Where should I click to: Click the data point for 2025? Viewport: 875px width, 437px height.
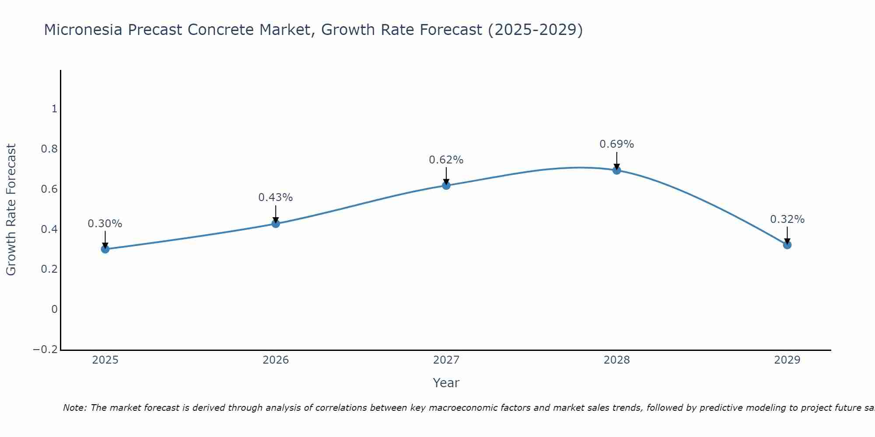[105, 249]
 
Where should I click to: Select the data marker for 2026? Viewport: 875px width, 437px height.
[276, 224]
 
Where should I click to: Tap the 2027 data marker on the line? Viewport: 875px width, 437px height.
[446, 185]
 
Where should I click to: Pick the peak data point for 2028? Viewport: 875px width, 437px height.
[617, 170]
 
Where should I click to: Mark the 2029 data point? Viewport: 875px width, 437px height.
[787, 245]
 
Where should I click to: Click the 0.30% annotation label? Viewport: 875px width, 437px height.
[105, 224]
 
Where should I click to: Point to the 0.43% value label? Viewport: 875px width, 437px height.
[276, 198]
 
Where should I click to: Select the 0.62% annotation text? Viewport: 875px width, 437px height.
[446, 160]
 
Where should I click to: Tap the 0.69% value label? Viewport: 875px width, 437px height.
[617, 144]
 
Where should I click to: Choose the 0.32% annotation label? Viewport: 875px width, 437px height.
[787, 219]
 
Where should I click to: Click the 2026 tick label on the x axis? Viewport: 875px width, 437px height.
[276, 360]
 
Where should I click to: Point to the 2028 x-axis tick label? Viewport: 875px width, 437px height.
[617, 360]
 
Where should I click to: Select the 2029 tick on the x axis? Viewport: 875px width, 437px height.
[787, 360]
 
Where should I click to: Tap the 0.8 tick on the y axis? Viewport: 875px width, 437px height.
[49, 149]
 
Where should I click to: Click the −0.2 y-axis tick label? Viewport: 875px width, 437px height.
[45, 350]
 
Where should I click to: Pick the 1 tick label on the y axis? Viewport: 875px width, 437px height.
[54, 109]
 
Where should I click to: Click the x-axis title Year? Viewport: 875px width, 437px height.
[446, 383]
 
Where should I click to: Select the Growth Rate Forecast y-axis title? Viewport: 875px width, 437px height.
[11, 210]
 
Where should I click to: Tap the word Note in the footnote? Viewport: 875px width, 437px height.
[74, 408]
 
